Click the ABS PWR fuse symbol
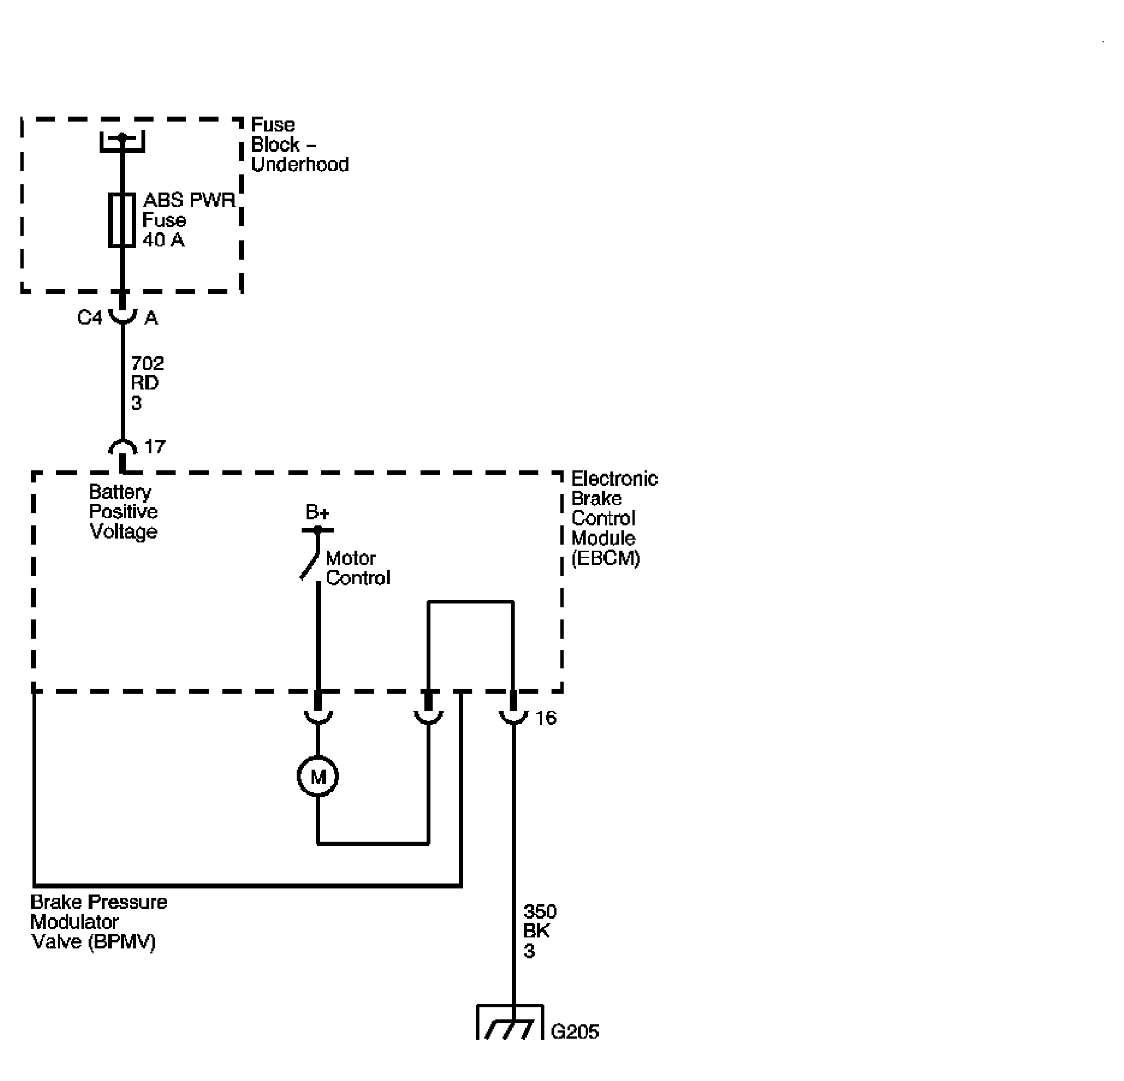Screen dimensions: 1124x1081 pos(122,220)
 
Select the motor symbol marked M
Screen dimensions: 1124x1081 pos(318,777)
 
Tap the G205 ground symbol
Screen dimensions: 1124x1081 pos(510,1022)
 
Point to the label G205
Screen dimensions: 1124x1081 pos(575,1031)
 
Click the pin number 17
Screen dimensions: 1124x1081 pos(155,447)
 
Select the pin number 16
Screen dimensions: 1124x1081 pos(545,717)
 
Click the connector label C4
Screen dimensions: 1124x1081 pos(90,317)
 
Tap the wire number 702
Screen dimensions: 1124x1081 pos(148,364)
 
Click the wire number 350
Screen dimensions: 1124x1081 pos(539,912)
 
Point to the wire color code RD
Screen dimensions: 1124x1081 pos(145,383)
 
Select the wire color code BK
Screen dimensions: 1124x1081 pos(536,931)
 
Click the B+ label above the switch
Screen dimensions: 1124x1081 pos(317,511)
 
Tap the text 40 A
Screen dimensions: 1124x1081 pos(163,240)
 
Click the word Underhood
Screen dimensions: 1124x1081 pos(300,164)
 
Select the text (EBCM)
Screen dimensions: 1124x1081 pos(605,558)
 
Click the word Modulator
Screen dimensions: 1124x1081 pos(74,921)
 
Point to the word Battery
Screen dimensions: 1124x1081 pos(120,492)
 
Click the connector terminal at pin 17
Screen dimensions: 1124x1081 pos(123,448)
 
